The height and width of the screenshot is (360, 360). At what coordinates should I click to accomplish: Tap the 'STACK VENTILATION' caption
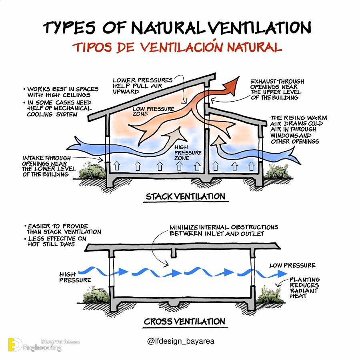[x=186, y=196]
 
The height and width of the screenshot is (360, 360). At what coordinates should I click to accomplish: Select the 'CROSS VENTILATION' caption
[x=184, y=322]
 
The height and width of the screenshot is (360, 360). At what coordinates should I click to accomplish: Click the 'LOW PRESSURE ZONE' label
[x=153, y=111]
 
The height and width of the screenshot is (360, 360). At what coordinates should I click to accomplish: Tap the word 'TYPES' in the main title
[x=69, y=27]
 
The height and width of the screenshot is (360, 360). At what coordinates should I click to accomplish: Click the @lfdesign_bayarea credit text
[x=181, y=341]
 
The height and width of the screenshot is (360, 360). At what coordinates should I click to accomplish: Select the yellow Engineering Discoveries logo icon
[x=15, y=344]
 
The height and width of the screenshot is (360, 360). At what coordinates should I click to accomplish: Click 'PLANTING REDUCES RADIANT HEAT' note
[x=304, y=288]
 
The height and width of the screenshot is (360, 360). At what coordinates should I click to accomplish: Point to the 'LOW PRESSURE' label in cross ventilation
[x=292, y=266]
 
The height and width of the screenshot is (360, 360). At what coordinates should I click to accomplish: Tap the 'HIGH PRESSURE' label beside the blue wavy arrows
[x=75, y=277]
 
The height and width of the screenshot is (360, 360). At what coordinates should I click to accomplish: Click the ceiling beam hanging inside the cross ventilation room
[x=174, y=253]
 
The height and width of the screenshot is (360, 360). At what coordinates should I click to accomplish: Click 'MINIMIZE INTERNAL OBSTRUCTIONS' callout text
[x=224, y=227]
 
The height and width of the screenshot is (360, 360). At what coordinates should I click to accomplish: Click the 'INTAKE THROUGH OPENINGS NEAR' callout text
[x=46, y=161]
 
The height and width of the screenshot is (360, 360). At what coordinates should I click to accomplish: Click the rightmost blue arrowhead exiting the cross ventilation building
[x=282, y=274]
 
